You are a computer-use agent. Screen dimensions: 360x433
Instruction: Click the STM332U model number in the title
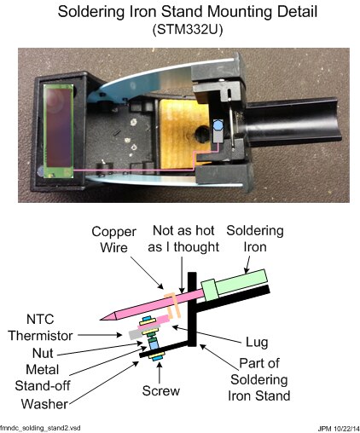tap(188, 30)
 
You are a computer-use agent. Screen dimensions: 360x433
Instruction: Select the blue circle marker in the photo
tap(218, 124)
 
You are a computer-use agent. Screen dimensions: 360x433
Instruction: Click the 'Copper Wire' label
tap(113, 240)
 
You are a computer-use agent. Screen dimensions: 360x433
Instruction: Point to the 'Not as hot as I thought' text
tap(183, 239)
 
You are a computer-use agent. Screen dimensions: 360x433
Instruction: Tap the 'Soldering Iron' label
tap(255, 239)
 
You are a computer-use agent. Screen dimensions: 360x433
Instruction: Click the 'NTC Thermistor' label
tap(40, 327)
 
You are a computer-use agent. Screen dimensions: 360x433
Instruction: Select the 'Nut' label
tap(43, 353)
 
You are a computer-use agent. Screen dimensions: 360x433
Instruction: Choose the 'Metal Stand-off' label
tap(43, 378)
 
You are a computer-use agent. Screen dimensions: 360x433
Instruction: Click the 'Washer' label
tap(44, 404)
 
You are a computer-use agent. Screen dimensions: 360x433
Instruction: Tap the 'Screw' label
tap(161, 390)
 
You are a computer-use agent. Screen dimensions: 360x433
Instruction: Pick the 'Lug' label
tap(257, 342)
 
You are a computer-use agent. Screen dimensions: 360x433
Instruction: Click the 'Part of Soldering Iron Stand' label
tap(259, 379)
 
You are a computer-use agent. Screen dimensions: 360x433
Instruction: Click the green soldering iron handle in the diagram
tap(235, 285)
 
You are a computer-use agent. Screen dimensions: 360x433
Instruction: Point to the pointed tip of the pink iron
tap(100, 319)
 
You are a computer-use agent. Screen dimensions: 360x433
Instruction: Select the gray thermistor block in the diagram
tap(135, 334)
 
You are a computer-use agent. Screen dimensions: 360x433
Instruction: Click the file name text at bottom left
tap(40, 428)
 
